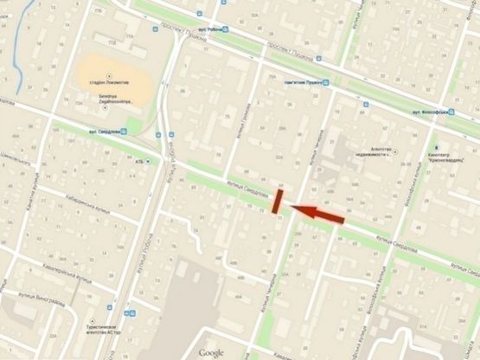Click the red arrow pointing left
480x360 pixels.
317,214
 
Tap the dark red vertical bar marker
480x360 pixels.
278,201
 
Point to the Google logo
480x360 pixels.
211,352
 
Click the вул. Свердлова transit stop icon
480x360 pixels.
125,132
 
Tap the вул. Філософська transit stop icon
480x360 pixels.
452,113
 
